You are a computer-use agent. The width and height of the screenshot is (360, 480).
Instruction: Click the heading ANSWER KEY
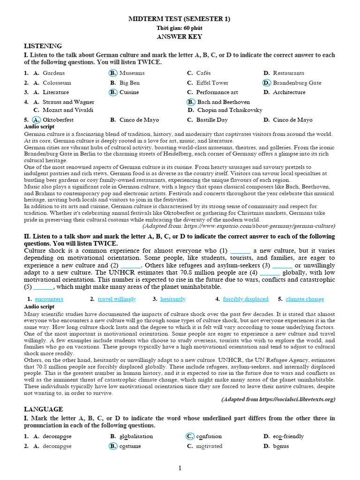180,37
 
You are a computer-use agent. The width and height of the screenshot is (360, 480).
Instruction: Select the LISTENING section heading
43,46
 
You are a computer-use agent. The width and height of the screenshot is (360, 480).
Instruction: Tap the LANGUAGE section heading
44,409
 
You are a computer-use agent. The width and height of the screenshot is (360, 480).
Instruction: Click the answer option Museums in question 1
132,73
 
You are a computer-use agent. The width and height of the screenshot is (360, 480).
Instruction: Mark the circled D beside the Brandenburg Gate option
267,83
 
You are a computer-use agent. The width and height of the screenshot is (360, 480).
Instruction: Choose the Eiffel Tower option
212,83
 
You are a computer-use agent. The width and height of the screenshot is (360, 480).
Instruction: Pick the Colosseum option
57,83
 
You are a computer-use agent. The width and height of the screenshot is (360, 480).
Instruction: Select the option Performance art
217,92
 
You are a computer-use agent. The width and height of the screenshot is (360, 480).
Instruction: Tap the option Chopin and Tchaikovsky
230,110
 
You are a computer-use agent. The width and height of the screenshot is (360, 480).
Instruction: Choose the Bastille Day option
212,120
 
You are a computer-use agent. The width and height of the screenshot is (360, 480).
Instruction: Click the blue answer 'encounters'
49,299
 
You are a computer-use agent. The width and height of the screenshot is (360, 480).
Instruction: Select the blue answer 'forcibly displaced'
246,299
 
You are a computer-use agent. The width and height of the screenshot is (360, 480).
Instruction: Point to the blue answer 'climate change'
305,299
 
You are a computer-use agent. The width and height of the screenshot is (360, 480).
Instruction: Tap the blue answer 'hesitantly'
173,299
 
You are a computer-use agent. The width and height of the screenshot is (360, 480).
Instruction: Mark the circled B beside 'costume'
113,446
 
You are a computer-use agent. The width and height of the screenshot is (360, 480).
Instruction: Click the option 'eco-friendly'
288,436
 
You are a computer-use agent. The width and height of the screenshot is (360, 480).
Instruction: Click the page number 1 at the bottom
180,468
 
